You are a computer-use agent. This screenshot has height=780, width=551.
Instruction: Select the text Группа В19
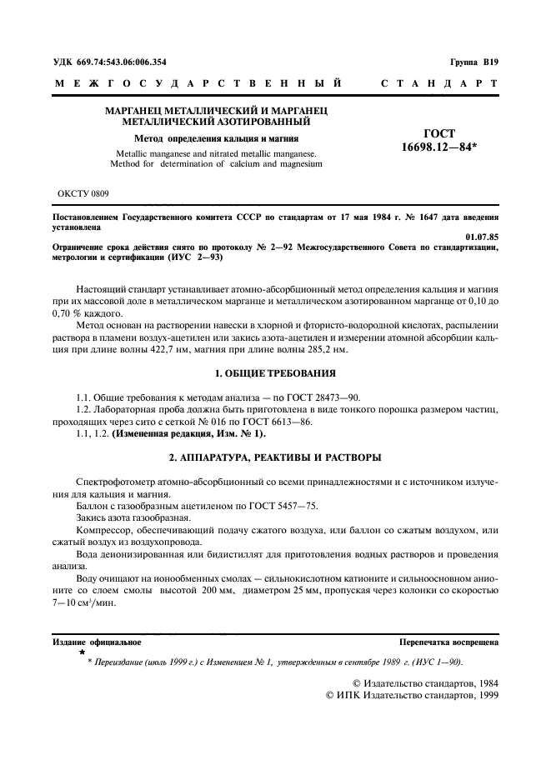473,62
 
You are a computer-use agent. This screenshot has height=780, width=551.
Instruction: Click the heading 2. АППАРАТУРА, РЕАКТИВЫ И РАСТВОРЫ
275,457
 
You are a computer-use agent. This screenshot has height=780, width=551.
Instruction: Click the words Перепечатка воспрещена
449,642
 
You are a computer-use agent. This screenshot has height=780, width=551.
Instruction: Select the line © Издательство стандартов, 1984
415,682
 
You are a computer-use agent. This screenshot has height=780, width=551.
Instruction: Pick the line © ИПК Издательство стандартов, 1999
403,695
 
